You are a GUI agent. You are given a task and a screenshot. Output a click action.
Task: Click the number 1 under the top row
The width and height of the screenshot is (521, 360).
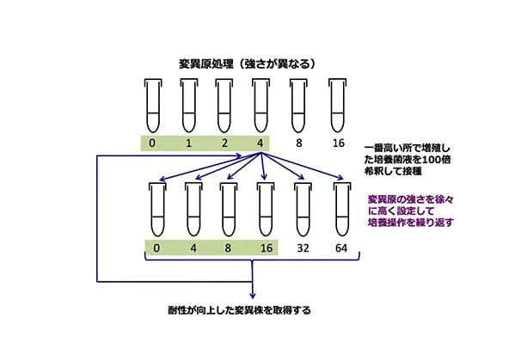[187, 143]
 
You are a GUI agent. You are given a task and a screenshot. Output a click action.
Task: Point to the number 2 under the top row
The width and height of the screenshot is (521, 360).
[224, 143]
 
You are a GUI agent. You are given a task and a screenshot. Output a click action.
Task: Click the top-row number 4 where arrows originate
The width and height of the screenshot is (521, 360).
[260, 143]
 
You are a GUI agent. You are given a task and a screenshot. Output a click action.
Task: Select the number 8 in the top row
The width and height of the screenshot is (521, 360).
[298, 143]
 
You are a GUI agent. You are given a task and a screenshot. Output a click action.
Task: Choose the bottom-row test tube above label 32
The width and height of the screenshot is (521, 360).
[302, 209]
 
